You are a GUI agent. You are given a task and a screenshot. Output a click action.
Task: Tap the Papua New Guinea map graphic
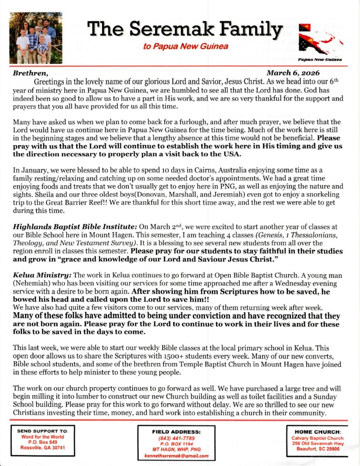320,41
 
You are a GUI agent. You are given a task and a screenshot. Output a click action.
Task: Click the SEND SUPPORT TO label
43,431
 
